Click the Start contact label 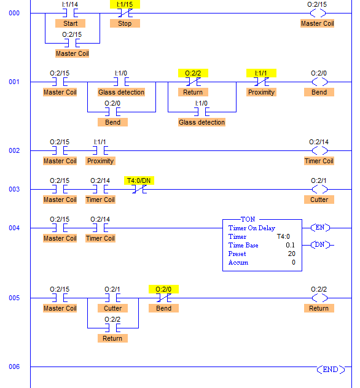[70, 23]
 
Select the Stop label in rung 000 [125, 23]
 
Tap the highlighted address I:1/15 [125, 4]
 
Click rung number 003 [14, 189]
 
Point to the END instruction [331, 370]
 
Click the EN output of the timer [320, 227]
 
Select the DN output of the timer [320, 245]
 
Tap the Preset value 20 [292, 254]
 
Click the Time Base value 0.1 [290, 245]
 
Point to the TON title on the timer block [248, 219]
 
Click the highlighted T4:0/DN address [139, 180]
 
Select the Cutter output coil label [319, 200]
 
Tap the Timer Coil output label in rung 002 [319, 161]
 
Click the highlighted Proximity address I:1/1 [261, 73]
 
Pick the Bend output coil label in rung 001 [319, 92]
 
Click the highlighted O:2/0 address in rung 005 [163, 289]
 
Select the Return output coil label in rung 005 [319, 308]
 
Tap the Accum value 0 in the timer [294, 262]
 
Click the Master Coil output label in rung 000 [318, 23]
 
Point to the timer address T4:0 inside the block [283, 236]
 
